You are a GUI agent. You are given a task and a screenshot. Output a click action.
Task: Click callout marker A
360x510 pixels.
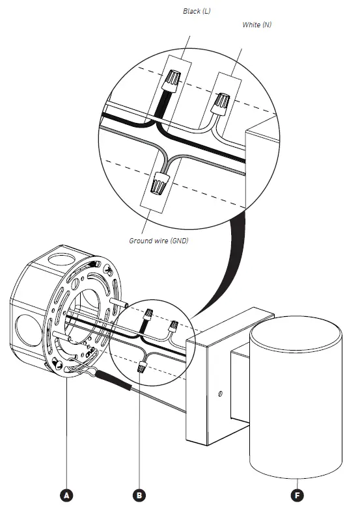66,495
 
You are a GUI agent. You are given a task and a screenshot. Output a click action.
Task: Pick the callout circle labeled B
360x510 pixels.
139,495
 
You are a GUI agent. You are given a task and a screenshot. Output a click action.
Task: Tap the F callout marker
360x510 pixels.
297,495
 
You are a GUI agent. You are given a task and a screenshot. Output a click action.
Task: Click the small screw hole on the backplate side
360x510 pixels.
221,394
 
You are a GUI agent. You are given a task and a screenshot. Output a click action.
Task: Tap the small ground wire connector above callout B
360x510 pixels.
139,368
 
